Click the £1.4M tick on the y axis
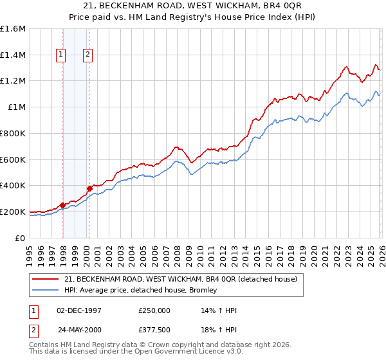click(x=13, y=55)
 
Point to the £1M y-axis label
click(x=17, y=107)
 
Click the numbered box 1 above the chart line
click(x=61, y=55)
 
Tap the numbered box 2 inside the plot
click(x=87, y=55)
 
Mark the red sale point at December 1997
click(x=62, y=205)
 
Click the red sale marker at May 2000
click(x=89, y=188)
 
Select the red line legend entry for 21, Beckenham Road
click(x=180, y=280)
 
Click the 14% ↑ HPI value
click(x=219, y=310)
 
